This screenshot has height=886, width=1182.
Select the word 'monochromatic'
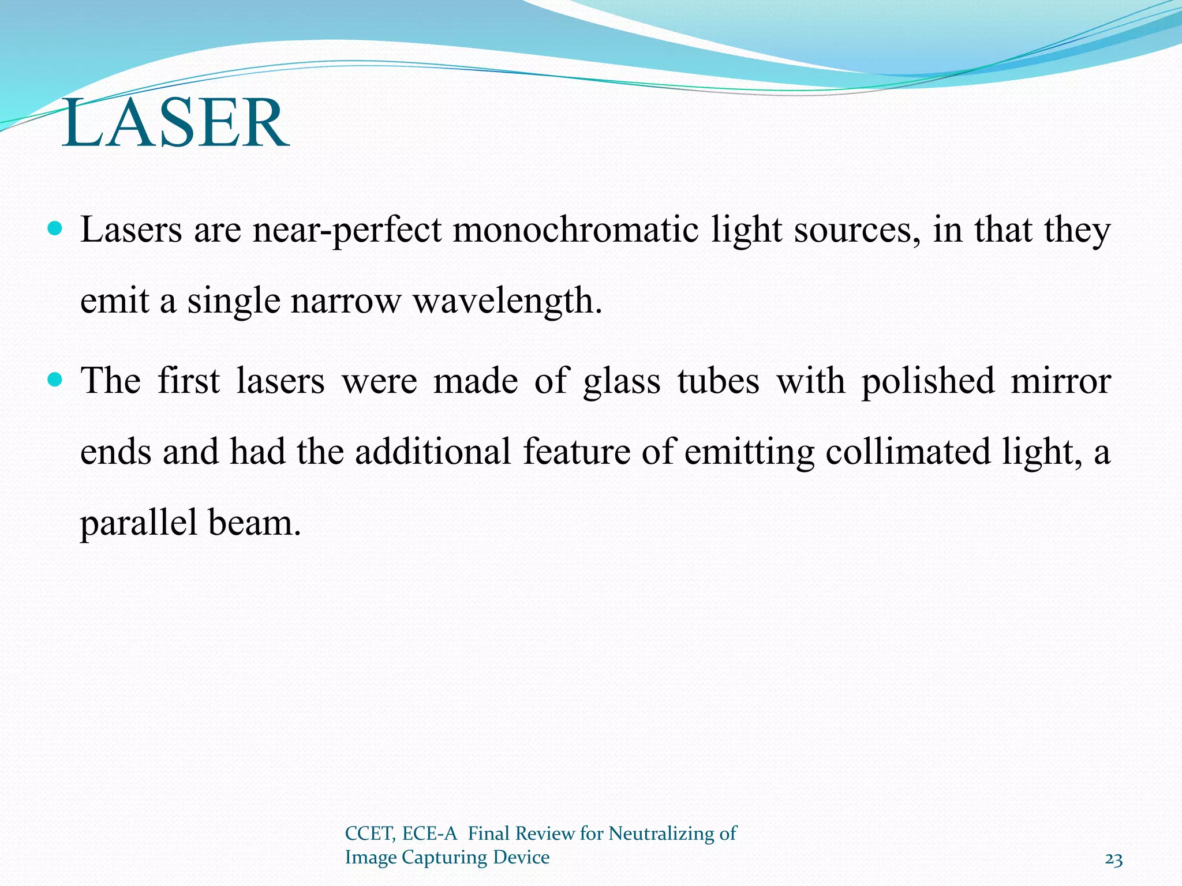pyautogui.click(x=575, y=230)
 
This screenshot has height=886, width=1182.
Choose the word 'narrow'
pyautogui.click(x=346, y=302)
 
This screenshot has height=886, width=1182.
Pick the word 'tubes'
pyautogui.click(x=718, y=381)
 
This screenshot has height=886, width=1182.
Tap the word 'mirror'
pyautogui.click(x=1061, y=381)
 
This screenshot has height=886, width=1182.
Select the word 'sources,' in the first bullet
pyautogui.click(x=858, y=230)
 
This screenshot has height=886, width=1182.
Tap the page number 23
pyautogui.click(x=1113, y=860)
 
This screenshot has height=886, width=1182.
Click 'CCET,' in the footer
pyautogui.click(x=370, y=834)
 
